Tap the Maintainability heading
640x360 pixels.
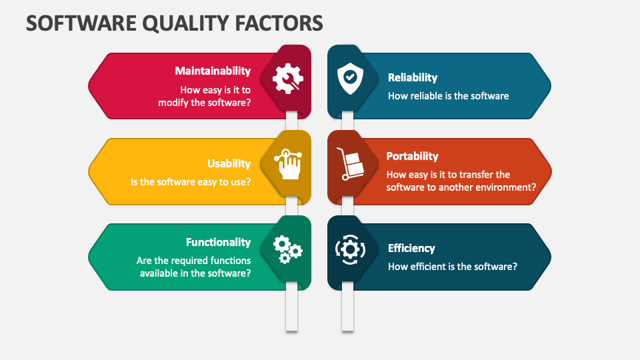click(x=213, y=71)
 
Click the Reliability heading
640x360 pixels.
click(x=413, y=78)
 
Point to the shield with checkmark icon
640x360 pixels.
click(x=349, y=79)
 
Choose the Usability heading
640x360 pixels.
click(x=229, y=163)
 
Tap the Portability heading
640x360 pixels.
click(x=412, y=156)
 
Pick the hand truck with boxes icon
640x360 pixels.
click(x=349, y=164)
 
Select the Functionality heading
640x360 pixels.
click(x=218, y=242)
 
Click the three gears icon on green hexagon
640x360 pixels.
click(x=287, y=249)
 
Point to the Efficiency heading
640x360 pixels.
click(x=411, y=248)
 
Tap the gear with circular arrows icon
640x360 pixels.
click(x=349, y=249)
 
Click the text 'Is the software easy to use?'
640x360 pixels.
click(x=191, y=181)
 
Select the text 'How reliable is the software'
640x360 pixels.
click(x=448, y=96)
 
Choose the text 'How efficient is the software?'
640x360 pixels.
click(x=453, y=267)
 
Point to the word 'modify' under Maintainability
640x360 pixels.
click(x=173, y=103)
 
